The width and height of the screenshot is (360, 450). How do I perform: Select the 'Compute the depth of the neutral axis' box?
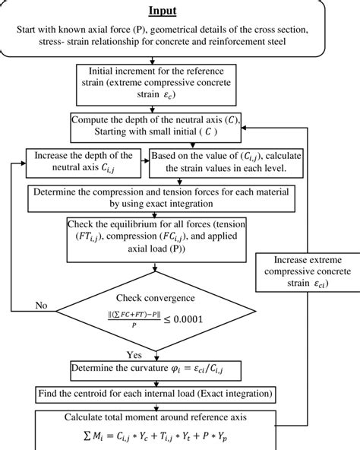[x=156, y=126]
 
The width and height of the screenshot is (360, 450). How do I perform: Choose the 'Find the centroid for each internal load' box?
[x=156, y=395]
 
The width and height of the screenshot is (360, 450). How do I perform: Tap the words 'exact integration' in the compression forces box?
[x=175, y=204]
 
